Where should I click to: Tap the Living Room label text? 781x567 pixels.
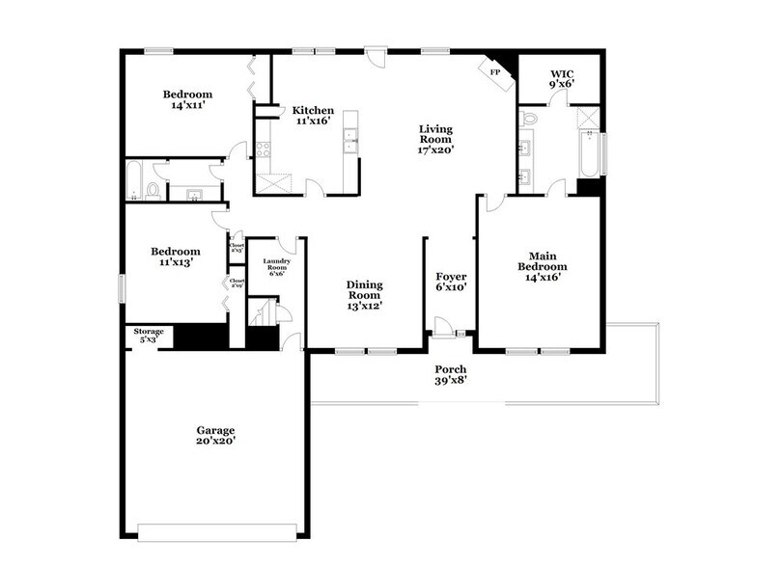[435, 139]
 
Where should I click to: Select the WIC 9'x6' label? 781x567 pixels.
[563, 78]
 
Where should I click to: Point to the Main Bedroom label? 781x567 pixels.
[542, 266]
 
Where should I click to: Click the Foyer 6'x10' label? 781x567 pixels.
[451, 282]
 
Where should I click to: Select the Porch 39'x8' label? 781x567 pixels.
[450, 375]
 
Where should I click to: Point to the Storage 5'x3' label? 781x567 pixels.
[149, 336]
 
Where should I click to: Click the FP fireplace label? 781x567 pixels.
[495, 72]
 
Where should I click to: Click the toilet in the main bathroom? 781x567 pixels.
[527, 119]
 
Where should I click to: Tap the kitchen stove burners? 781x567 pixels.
[261, 149]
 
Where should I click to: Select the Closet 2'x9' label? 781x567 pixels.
[237, 283]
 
